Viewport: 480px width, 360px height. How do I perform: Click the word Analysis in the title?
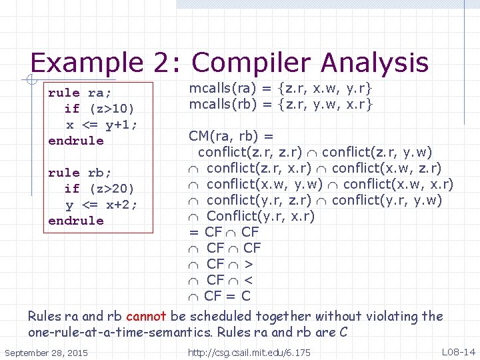click(374, 63)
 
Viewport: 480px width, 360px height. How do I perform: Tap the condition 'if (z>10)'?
click(99, 109)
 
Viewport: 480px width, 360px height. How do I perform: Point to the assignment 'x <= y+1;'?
click(101, 125)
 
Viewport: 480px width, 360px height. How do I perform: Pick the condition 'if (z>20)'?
click(99, 189)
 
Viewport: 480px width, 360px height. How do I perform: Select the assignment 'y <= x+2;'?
click(101, 205)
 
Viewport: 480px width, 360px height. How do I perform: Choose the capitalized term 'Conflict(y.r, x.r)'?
click(261, 217)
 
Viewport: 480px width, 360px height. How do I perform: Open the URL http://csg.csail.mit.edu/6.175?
click(249, 352)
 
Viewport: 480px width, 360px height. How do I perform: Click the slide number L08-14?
click(458, 351)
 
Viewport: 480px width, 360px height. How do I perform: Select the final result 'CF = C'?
click(227, 296)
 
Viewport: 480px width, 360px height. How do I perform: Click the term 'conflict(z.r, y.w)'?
click(377, 153)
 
